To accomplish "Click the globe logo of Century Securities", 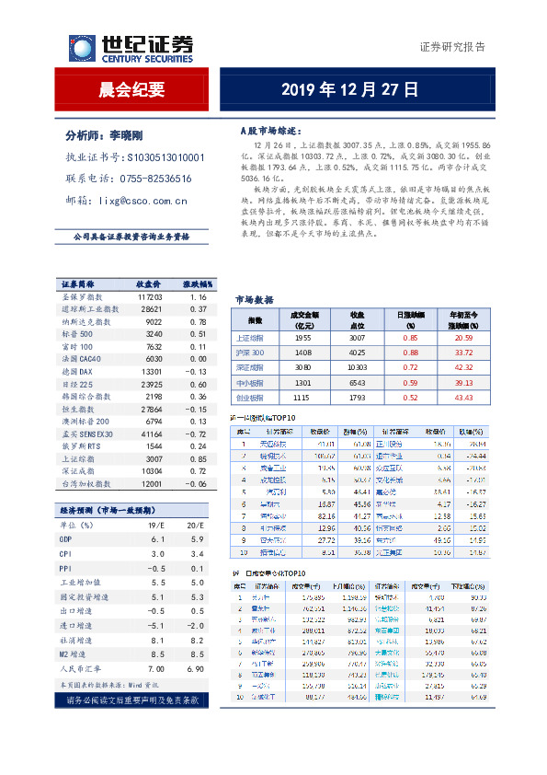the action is (x=81, y=48).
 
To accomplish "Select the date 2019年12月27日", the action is (x=349, y=90).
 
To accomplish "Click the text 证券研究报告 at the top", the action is (x=452, y=47).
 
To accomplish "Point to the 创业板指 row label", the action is (x=249, y=397).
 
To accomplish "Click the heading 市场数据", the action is (x=254, y=300).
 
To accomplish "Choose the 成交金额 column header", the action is (x=302, y=319).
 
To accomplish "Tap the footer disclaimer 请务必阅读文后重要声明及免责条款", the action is (x=131, y=700).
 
